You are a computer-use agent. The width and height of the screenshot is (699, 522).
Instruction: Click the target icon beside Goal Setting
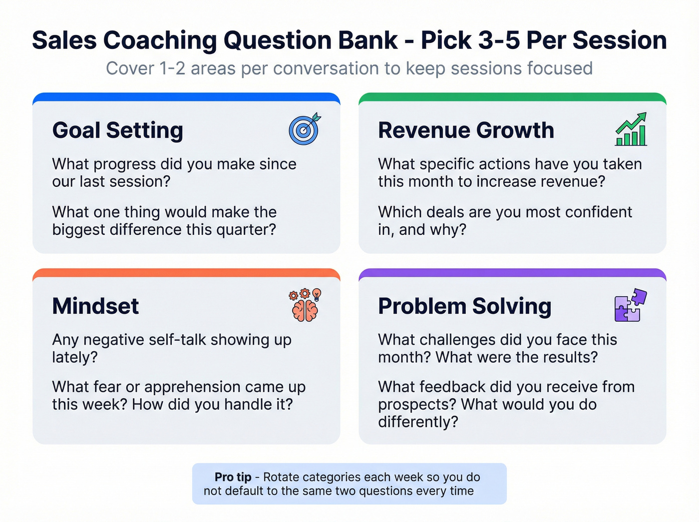point(304,129)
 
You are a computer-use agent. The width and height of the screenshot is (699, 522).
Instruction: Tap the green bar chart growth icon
point(631,129)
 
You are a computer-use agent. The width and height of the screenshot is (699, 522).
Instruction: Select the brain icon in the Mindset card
point(305,305)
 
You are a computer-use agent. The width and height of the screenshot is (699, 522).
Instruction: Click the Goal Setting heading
point(118,130)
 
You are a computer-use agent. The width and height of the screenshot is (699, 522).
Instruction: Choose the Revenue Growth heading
point(466,130)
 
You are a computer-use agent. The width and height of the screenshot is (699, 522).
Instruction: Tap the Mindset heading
point(95,306)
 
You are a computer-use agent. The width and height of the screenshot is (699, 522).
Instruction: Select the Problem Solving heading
point(464,306)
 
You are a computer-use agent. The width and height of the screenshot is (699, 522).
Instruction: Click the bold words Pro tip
point(233,477)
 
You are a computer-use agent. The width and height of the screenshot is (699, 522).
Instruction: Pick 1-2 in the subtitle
point(172,68)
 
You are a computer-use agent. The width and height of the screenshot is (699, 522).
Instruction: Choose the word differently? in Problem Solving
point(418,422)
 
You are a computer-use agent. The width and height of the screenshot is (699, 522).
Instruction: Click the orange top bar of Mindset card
point(186,273)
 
